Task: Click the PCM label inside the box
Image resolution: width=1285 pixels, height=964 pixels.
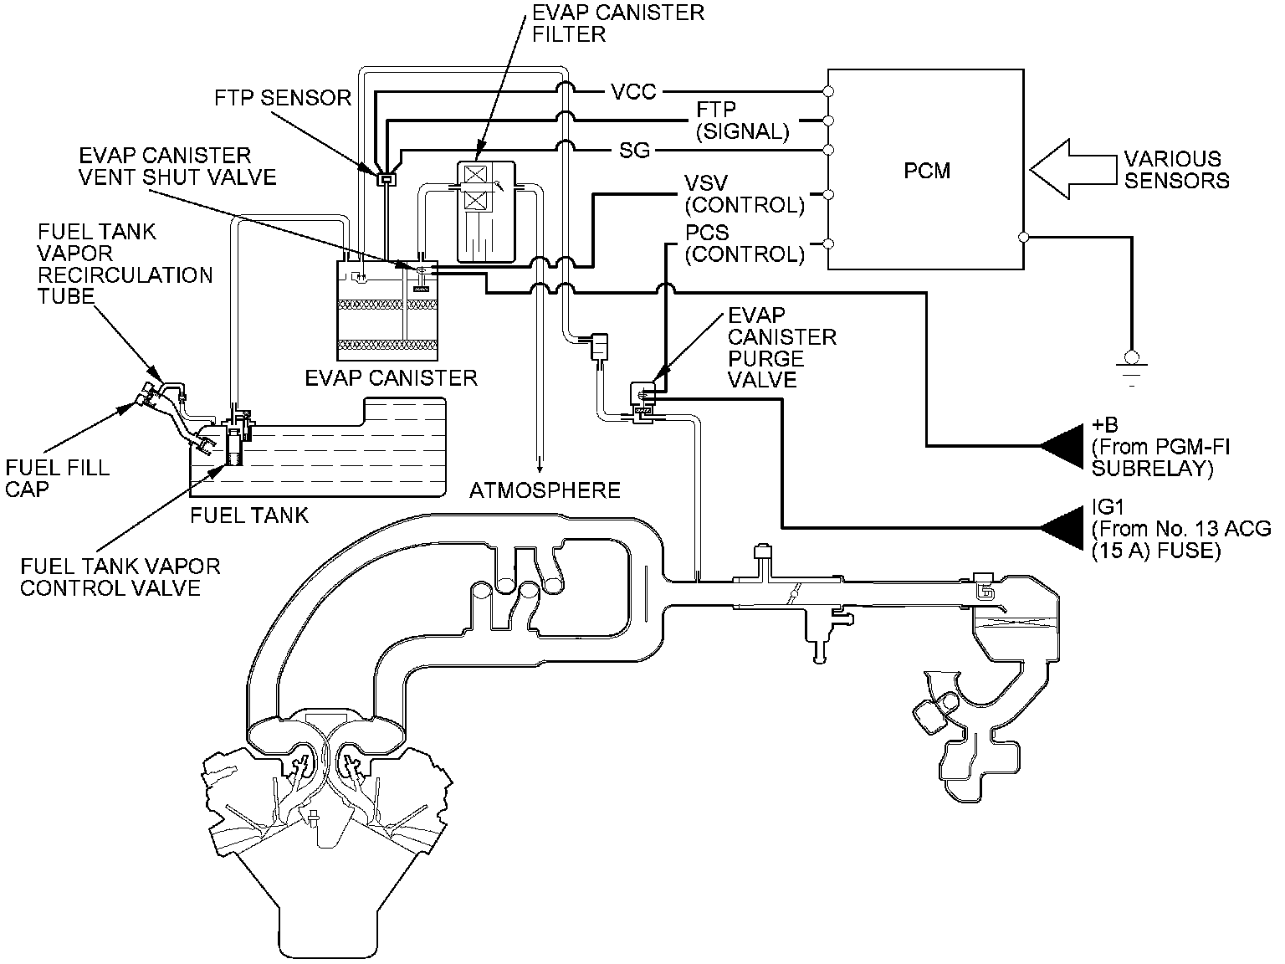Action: point(927,171)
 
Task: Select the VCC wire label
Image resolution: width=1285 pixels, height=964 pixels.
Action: point(633,91)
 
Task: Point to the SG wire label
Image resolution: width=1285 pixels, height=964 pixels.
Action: point(633,151)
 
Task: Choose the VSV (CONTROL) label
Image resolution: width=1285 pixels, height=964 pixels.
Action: point(743,193)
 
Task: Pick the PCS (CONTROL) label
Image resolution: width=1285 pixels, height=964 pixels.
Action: point(743,243)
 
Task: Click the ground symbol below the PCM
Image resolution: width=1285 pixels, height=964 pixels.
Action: point(1132,361)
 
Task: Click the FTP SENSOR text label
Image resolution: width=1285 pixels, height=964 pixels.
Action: point(283,98)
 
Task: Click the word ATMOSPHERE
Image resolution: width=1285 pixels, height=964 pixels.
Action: point(545,490)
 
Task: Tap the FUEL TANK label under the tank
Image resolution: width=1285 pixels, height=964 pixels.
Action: point(249,515)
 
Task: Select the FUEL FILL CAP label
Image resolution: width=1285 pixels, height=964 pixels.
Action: point(57,478)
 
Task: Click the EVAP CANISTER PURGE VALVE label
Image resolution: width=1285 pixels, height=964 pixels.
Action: point(781,347)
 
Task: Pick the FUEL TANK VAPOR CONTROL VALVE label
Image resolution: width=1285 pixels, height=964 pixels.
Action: point(120,577)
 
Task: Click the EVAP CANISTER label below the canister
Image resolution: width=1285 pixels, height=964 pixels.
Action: point(391,377)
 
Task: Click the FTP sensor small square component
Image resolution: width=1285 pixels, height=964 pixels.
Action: point(386,178)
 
